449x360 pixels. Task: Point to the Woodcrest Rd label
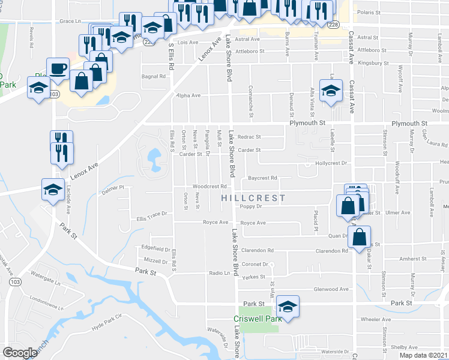click(x=209, y=186)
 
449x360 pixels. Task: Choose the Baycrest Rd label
click(x=262, y=178)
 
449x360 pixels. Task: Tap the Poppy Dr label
click(x=252, y=206)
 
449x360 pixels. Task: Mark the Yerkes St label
click(x=253, y=278)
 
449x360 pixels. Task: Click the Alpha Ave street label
click(x=188, y=95)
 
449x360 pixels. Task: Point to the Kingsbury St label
click(x=373, y=62)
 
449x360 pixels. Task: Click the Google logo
click(x=20, y=353)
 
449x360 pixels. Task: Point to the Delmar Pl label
click(x=112, y=188)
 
